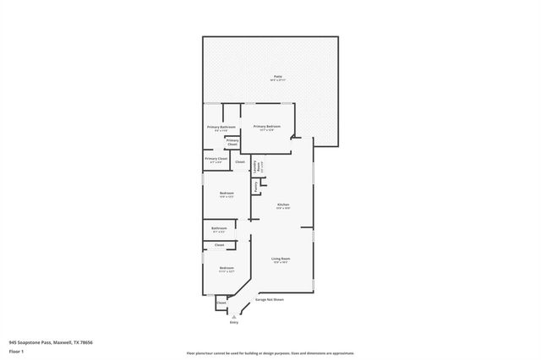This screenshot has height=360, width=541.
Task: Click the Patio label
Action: point(278,75)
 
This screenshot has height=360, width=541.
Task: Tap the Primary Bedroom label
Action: point(266,126)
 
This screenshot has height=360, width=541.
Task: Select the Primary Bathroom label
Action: point(221,127)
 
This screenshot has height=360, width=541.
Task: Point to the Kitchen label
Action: point(284,205)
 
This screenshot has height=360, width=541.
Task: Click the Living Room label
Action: point(281,259)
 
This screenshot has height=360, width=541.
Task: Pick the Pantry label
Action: point(255,184)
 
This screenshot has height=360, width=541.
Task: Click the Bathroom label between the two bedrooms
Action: point(219,227)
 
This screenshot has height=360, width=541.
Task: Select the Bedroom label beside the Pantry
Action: point(227,194)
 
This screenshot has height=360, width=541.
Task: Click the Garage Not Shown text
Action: point(269,299)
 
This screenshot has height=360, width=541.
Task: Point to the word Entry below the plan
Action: point(234,323)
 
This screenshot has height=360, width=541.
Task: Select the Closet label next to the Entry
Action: point(221,302)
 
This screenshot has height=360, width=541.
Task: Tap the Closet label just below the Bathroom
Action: point(219,245)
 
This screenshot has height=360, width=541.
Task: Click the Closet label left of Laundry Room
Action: point(240,161)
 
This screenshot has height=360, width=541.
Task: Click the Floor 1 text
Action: point(16,351)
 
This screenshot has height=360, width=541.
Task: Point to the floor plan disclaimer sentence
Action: point(270,352)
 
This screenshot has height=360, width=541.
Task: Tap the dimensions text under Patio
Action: point(278,80)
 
